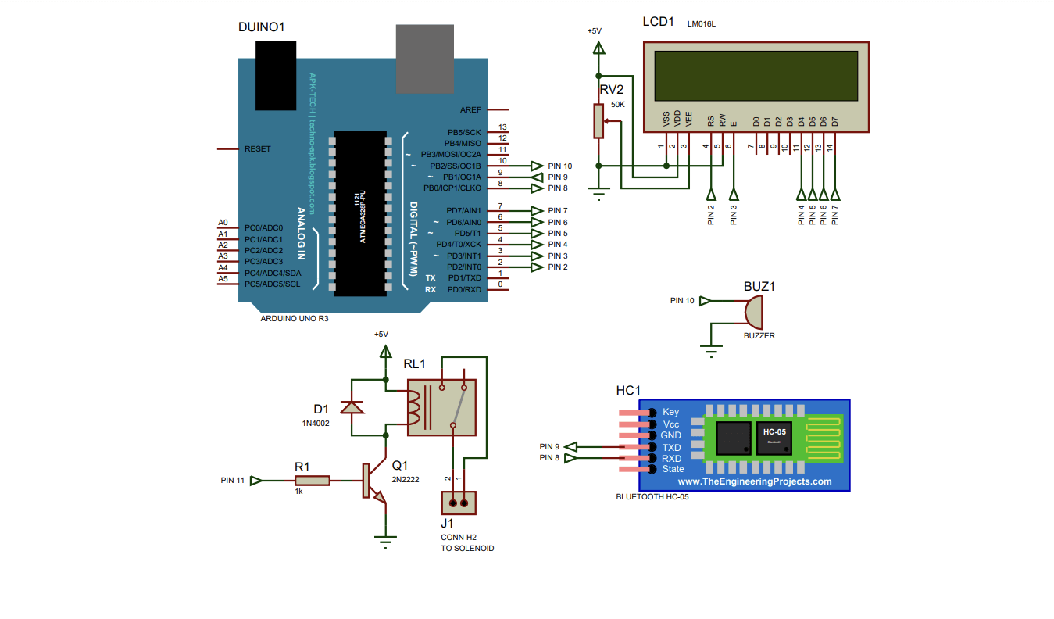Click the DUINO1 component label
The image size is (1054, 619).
(x=261, y=27)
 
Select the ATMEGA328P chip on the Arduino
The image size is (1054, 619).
(x=360, y=213)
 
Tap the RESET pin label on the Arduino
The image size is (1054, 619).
(x=258, y=148)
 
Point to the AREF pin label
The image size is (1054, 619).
(x=470, y=110)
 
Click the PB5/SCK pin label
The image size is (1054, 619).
(x=464, y=133)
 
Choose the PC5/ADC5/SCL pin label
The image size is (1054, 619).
(x=272, y=284)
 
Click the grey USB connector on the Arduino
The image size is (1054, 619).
(x=424, y=59)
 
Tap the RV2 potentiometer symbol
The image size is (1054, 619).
(x=598, y=121)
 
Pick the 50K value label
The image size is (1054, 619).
(x=617, y=104)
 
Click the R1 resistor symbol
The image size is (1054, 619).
(x=313, y=481)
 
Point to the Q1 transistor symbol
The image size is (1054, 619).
(x=372, y=481)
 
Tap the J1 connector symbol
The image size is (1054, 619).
(x=459, y=502)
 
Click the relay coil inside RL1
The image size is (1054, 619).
(x=416, y=407)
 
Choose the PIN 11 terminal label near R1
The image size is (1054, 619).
(x=232, y=481)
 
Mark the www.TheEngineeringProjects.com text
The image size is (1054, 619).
(x=749, y=481)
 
